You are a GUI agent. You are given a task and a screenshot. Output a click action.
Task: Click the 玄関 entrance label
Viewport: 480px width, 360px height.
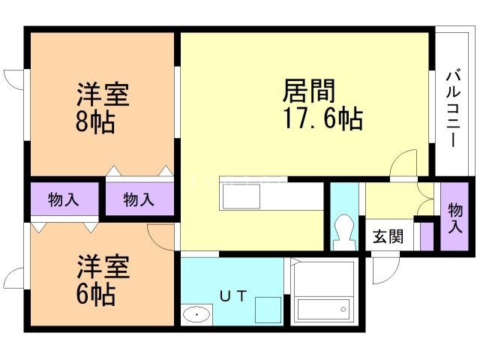point(388,237)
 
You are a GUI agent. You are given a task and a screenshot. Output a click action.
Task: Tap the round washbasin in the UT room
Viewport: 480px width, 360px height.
point(195,314)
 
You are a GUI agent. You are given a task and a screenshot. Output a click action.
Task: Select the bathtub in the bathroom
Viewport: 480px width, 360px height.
point(322,308)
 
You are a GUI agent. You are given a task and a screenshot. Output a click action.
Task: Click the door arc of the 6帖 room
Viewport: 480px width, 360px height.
point(161,236)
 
